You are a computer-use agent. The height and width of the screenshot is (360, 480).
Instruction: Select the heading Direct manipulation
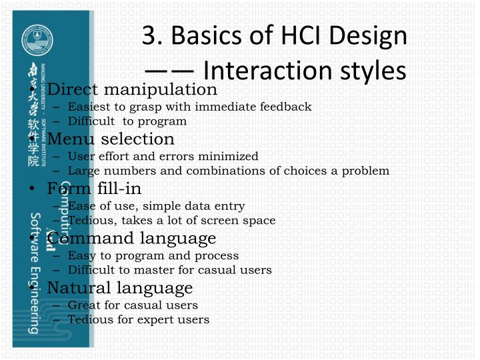click(132, 89)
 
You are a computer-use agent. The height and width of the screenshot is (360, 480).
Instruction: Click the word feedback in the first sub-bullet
click(287, 107)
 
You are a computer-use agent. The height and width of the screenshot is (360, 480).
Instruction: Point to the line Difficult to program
click(127, 121)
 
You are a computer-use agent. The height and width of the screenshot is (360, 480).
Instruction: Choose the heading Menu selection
click(111, 139)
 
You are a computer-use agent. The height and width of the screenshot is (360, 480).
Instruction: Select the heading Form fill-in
click(94, 189)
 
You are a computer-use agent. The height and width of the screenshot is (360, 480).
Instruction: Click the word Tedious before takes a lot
click(89, 220)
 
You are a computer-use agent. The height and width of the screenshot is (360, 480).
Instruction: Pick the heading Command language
click(131, 238)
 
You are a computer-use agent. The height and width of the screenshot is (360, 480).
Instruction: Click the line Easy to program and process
click(153, 255)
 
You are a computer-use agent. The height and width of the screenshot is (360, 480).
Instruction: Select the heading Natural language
click(120, 288)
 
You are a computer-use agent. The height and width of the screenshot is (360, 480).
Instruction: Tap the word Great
click(83, 305)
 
